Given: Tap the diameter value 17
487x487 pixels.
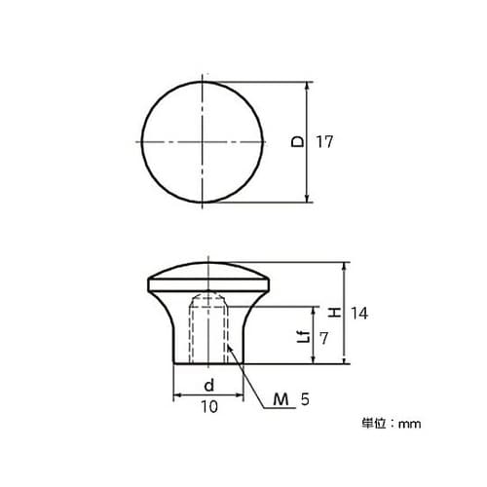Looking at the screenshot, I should pos(324,142).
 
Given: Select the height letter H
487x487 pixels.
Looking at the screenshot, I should pos(332,314).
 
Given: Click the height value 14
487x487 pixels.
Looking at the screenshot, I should pos(359,314).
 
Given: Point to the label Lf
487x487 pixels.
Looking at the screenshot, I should pos(303,337).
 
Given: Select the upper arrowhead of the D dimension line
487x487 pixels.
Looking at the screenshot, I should pos(309,87).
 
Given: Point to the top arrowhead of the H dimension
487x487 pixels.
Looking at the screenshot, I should pos(345,266).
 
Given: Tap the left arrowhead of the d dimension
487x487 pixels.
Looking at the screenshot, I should pos(176,395).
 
